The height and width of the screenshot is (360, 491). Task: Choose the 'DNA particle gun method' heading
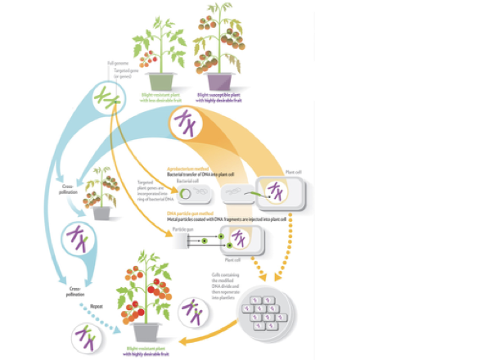(187, 213)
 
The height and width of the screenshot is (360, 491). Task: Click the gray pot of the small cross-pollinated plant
(101, 212)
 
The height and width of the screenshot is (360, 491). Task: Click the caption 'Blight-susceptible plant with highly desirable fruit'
(223, 97)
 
